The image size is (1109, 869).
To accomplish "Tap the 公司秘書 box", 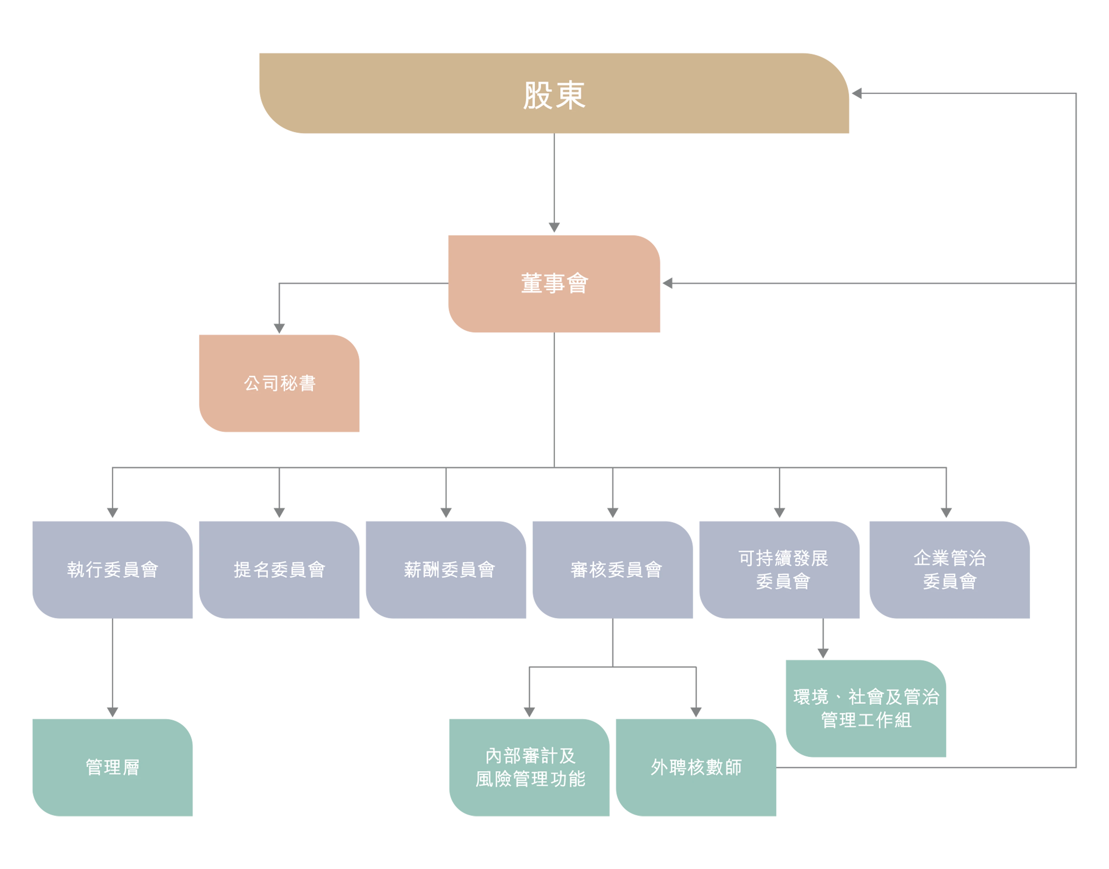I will coord(279,383).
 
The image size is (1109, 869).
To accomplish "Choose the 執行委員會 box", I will coord(112,569).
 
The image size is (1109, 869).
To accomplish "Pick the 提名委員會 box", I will coord(279,569).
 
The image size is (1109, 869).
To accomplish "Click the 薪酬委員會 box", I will coord(446,569).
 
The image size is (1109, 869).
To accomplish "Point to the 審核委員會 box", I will coord(613,569).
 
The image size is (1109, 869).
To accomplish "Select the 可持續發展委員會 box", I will coord(780,569).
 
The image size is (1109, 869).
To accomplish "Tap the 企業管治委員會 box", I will coord(950,569).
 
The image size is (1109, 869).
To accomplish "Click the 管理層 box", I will coord(112,767).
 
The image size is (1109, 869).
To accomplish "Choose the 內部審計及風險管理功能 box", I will coord(529,767).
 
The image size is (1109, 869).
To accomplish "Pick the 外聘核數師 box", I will coord(696,767).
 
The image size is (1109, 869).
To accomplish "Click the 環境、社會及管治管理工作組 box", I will coord(866,708).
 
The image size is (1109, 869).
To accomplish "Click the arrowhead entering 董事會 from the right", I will coord(668,283).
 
